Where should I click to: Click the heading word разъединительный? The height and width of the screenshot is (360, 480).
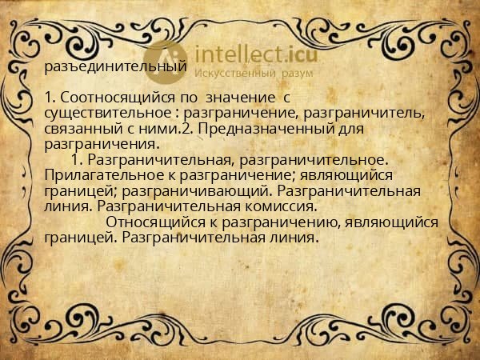click(115, 67)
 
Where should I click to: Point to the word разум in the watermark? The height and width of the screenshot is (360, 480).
click(297, 74)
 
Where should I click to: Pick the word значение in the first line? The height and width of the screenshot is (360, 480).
click(236, 97)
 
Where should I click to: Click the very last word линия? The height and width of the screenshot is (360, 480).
click(295, 237)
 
